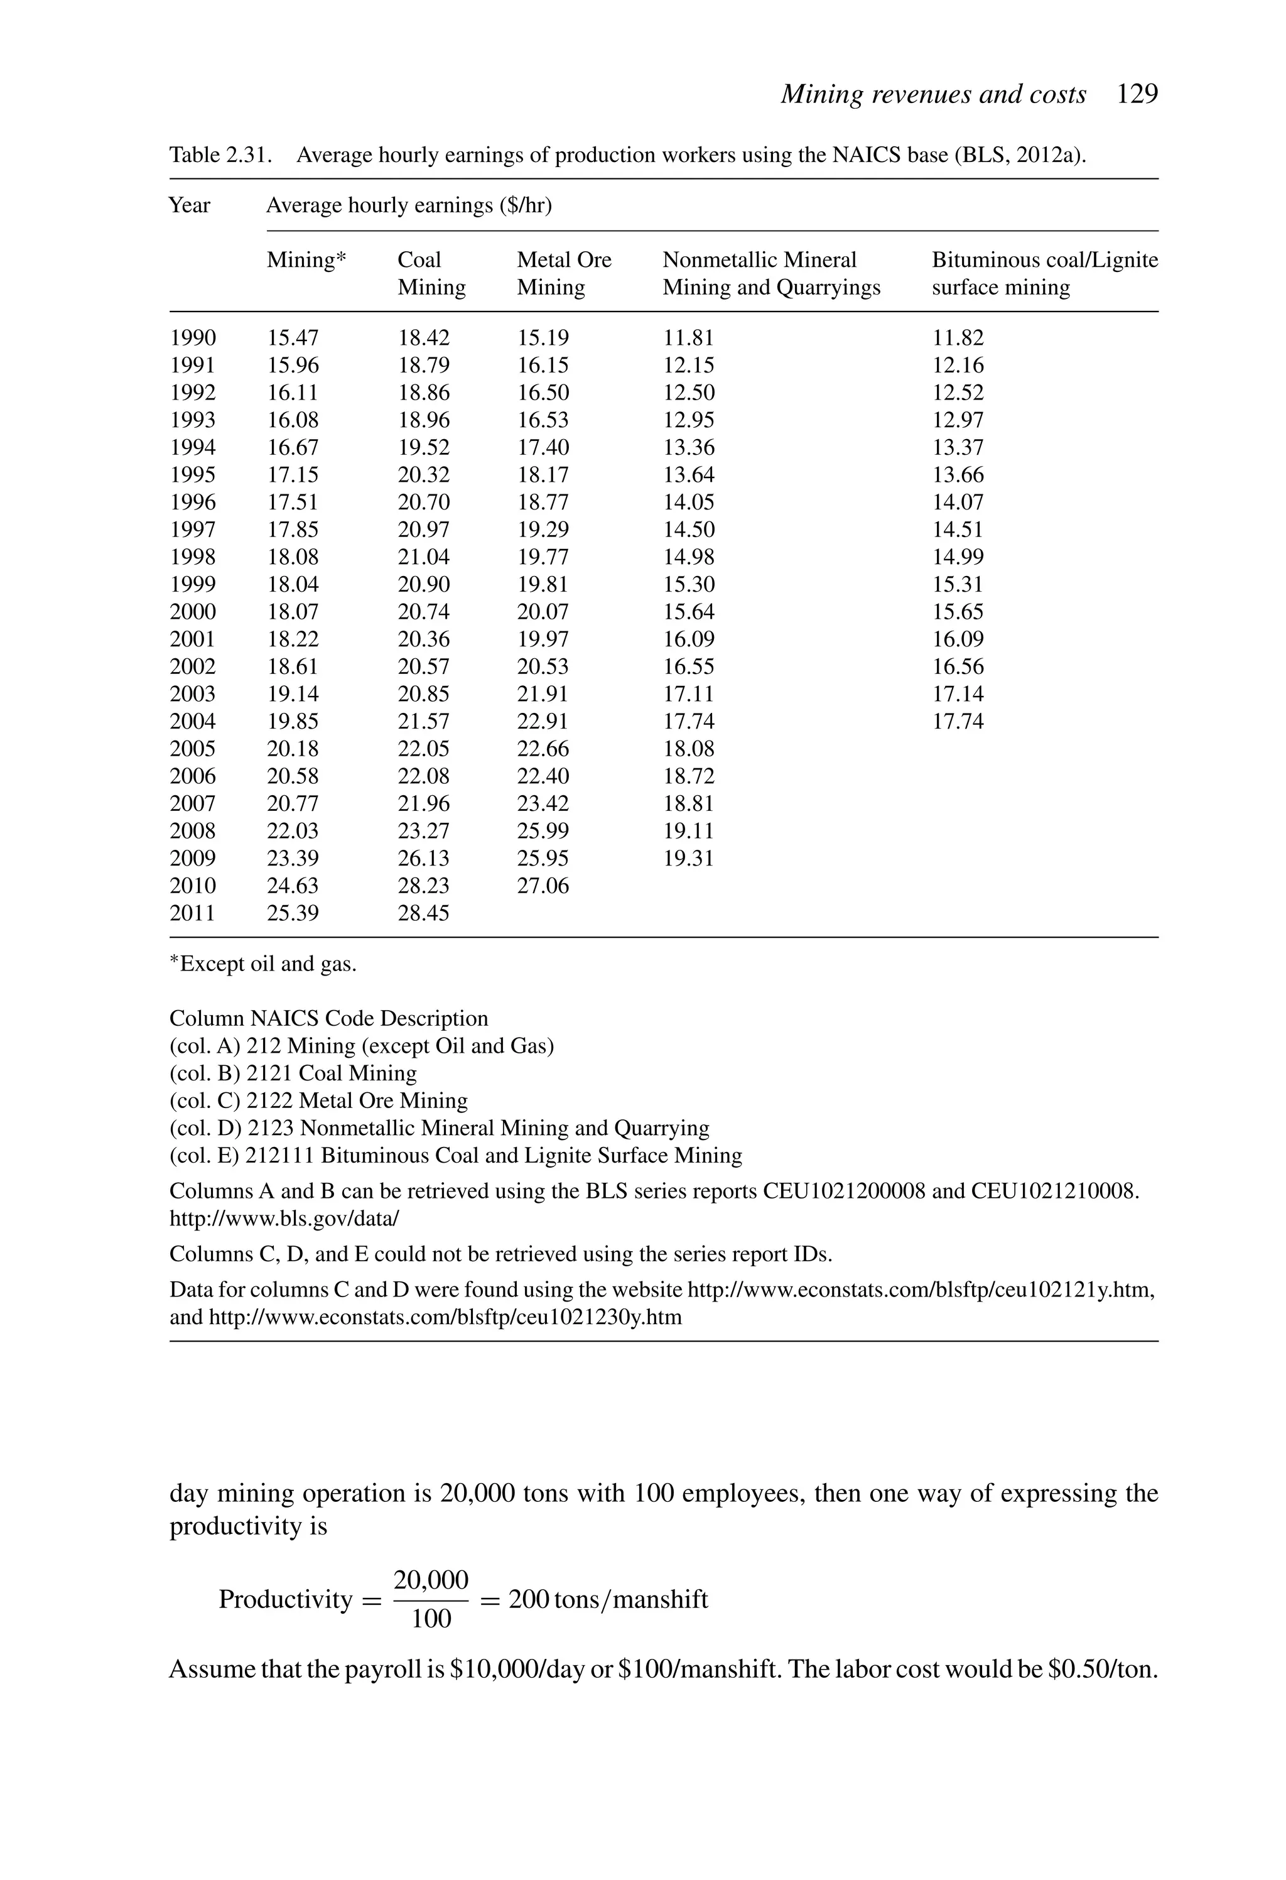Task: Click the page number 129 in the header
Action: pos(1137,95)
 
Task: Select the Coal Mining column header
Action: pos(431,273)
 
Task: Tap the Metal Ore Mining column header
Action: pos(564,273)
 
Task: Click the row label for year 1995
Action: pos(193,475)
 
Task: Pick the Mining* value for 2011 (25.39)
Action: pos(293,913)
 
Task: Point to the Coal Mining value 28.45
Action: pos(423,913)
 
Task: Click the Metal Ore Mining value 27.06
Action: pos(543,886)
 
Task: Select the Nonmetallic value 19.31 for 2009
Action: pos(688,858)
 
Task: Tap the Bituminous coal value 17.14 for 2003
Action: pos(958,694)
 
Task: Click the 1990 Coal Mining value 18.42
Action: pos(423,338)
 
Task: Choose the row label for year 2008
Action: pos(193,831)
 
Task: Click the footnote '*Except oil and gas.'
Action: pos(263,964)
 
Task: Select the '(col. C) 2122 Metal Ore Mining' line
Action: pos(318,1101)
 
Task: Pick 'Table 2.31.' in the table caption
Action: pos(219,155)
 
